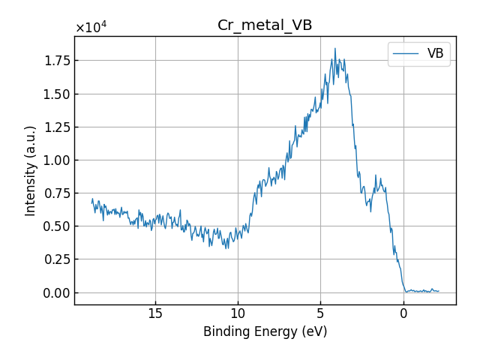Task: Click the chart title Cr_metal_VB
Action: click(265, 25)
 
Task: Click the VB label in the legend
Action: click(435, 53)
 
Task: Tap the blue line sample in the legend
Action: click(406, 53)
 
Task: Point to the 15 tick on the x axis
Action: click(155, 313)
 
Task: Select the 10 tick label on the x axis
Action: click(238, 313)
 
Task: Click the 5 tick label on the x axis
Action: click(320, 313)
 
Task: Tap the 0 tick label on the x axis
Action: click(403, 313)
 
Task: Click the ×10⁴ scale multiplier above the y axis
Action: click(91, 28)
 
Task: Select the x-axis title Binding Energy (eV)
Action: click(265, 331)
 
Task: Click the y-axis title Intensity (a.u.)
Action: click(31, 171)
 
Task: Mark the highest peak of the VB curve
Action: click(335, 49)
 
